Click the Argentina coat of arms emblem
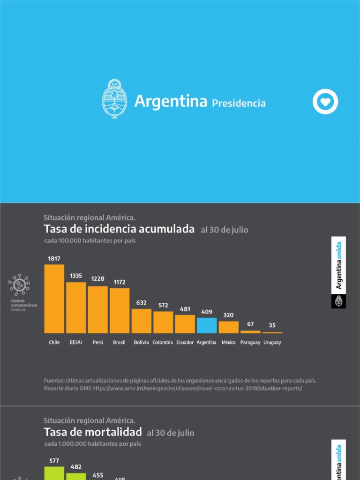click(x=114, y=99)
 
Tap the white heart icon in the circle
click(x=325, y=102)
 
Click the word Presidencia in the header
click(x=239, y=103)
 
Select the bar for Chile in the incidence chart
click(x=54, y=299)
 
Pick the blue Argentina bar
click(x=207, y=325)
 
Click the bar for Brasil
click(x=120, y=310)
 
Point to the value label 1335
click(x=76, y=276)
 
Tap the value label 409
click(x=207, y=311)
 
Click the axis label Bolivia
click(x=141, y=343)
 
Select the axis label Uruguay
click(x=272, y=343)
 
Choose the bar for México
click(x=228, y=327)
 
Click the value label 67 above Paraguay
click(x=250, y=324)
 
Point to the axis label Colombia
click(x=163, y=343)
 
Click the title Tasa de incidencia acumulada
click(x=119, y=229)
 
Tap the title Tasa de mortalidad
click(x=93, y=432)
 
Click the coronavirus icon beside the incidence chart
click(x=19, y=285)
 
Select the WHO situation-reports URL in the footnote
click(x=197, y=389)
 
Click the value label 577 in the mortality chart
click(x=54, y=461)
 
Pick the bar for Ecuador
click(x=185, y=324)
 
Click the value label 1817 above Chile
click(x=54, y=258)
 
